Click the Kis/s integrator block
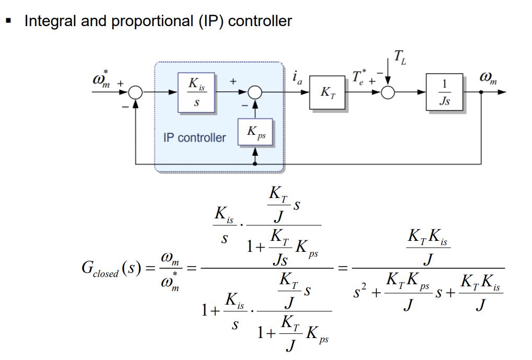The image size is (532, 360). pos(196,92)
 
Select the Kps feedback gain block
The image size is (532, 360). pos(255,133)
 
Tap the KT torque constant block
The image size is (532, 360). pos(327,92)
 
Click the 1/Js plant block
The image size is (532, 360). pos(444,92)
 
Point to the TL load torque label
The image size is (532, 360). pos(400,57)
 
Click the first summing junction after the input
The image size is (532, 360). pos(135,92)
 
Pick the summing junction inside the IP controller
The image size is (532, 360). pos(255,92)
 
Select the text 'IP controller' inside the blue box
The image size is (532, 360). pos(194,138)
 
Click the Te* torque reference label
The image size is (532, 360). pos(359,78)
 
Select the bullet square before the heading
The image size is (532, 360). pos(8,21)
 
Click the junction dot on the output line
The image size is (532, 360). pos(481,92)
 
